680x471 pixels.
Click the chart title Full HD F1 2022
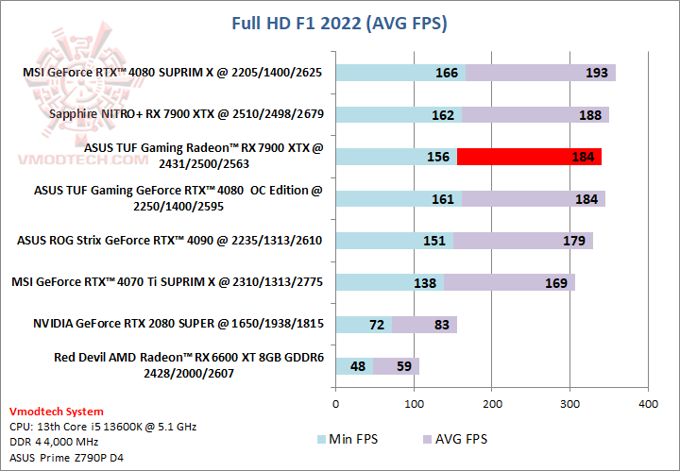[340, 22]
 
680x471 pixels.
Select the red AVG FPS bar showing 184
[529, 157]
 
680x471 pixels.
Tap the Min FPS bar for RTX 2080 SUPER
[364, 325]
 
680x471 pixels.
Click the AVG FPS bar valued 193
[540, 73]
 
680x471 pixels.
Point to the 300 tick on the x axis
[569, 403]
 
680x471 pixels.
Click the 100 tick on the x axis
[414, 403]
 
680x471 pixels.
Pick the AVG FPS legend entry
[457, 439]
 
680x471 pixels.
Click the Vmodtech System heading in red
[56, 412]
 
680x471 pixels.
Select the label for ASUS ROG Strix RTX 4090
[170, 241]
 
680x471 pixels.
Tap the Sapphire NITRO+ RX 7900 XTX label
[186, 115]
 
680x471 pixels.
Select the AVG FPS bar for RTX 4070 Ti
[508, 282]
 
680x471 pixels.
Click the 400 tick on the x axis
[648, 403]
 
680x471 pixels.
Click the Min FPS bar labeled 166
[400, 73]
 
